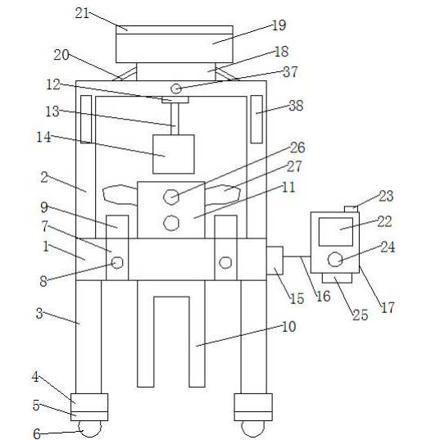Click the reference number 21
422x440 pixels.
click(x=82, y=13)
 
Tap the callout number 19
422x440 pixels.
click(x=279, y=25)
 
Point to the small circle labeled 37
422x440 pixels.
click(x=176, y=89)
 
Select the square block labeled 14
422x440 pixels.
click(x=174, y=154)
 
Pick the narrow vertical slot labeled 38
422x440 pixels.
click(x=256, y=120)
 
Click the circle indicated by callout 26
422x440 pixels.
click(x=171, y=197)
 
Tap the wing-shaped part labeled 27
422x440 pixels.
click(x=223, y=194)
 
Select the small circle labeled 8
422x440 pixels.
click(x=117, y=263)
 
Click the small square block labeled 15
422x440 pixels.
click(x=275, y=261)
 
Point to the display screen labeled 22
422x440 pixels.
click(x=336, y=232)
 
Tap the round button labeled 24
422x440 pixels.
click(x=335, y=259)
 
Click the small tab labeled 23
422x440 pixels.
click(x=351, y=209)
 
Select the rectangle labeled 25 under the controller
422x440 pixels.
click(x=337, y=278)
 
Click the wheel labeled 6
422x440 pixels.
click(x=90, y=429)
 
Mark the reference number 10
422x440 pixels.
click(x=288, y=327)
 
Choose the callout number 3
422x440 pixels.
click(x=39, y=314)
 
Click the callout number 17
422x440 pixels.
click(x=388, y=307)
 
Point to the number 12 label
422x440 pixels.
click(x=53, y=84)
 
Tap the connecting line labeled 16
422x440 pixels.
click(x=297, y=256)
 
